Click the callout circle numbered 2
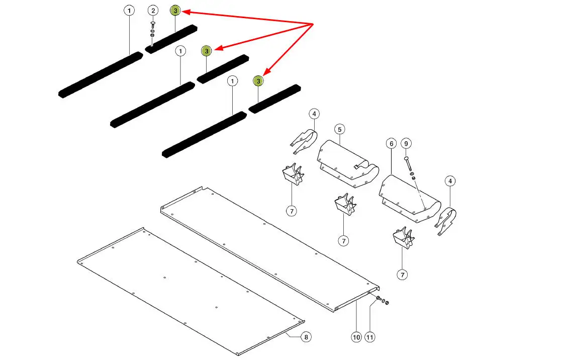(x=153, y=11)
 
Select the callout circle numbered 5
(x=339, y=129)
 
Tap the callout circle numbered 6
(x=391, y=144)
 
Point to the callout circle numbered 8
(x=306, y=337)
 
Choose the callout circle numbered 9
(x=407, y=144)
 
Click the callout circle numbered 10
(x=356, y=337)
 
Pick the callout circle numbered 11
(x=370, y=337)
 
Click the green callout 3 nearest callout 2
(x=175, y=11)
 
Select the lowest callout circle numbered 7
(x=402, y=275)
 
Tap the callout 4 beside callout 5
(x=314, y=114)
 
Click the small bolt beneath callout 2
(x=153, y=25)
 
